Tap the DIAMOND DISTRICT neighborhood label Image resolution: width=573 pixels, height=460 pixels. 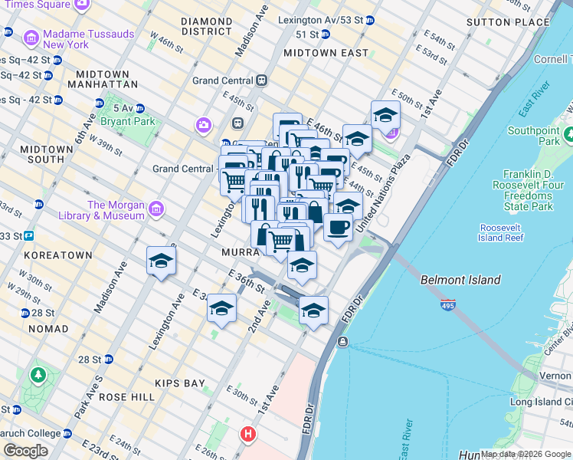(x=206, y=26)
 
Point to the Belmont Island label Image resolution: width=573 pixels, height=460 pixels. (x=460, y=281)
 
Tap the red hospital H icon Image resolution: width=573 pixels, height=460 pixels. (x=248, y=434)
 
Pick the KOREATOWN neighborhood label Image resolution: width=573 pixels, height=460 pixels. (x=57, y=253)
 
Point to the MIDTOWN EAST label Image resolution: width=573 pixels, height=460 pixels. (x=326, y=54)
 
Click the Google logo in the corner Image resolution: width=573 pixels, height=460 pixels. (x=26, y=451)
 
